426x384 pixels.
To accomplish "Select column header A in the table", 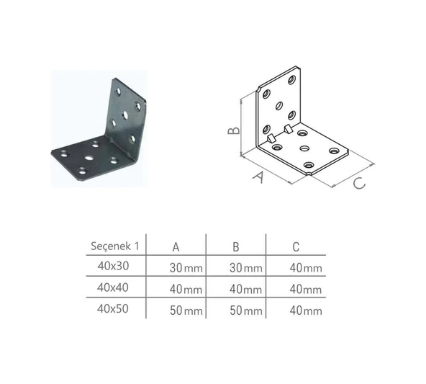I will pos(176,246).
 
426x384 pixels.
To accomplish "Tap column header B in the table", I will pos(235,246).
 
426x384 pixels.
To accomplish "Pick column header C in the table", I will pos(295,246).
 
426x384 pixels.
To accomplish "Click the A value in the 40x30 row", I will pos(186,268).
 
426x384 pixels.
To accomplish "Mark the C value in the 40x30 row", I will pos(306,268).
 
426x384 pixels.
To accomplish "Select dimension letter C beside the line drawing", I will pos(358,184).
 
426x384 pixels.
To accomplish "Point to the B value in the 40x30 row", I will pos(246,268).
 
